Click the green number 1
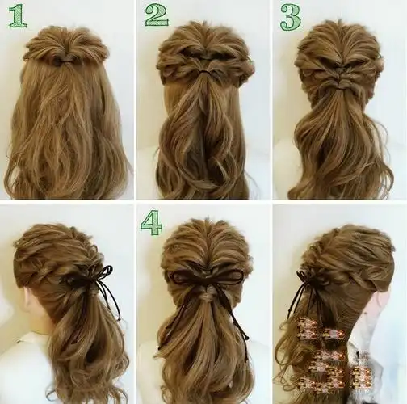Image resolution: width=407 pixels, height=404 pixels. (18, 17)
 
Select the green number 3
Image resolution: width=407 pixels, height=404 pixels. (291, 17)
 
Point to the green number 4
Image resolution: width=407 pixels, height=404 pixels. (152, 223)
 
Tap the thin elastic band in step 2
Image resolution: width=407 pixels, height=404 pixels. (206, 72)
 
